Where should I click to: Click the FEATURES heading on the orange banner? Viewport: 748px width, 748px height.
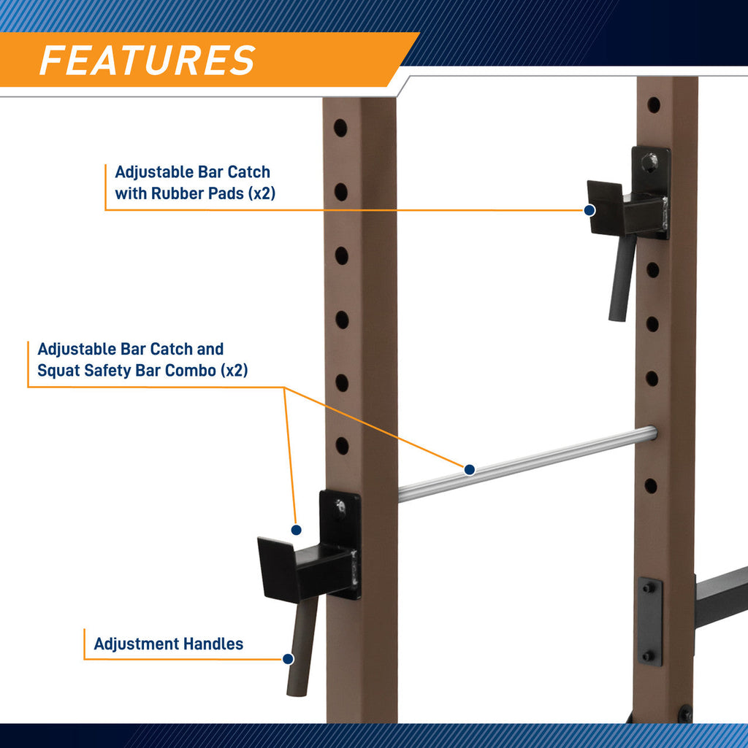click(x=148, y=60)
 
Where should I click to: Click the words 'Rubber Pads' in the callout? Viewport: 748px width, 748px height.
click(x=197, y=193)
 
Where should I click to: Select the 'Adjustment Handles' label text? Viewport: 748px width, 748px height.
click(x=169, y=644)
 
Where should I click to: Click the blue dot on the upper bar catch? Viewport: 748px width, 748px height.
click(x=590, y=210)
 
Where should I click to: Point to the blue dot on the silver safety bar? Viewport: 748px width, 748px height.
click(x=470, y=470)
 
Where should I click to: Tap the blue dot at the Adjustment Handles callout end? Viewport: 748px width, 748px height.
click(x=288, y=659)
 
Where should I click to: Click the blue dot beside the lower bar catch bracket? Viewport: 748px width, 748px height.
click(x=296, y=530)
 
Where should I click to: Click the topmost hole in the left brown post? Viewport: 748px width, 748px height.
click(x=340, y=128)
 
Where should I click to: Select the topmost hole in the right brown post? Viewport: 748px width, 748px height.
click(x=654, y=105)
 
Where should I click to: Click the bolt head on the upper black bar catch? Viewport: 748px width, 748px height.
click(x=649, y=162)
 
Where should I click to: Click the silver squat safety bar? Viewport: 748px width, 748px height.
click(x=527, y=463)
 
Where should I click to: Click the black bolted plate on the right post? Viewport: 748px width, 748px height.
click(x=650, y=621)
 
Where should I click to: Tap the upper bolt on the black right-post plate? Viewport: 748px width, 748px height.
click(x=648, y=588)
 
